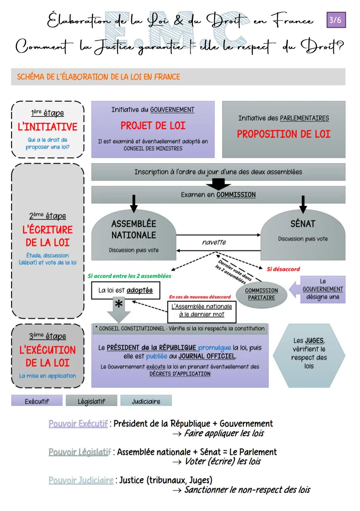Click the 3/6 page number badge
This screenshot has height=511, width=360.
[336, 20]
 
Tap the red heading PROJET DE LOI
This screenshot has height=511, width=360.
[153, 126]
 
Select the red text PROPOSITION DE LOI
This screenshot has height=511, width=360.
[284, 134]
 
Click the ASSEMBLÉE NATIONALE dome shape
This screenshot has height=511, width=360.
[134, 235]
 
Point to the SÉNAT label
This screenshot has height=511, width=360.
[303, 223]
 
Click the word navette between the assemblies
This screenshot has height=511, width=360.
[214, 242]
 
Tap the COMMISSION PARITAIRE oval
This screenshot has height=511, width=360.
[261, 294]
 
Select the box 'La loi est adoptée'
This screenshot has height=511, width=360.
[126, 290]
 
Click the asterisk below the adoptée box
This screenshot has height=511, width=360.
[119, 304]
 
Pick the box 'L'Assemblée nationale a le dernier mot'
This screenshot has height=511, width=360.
[202, 311]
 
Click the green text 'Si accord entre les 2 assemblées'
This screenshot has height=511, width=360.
[129, 276]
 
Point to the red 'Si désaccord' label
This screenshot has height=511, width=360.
[283, 269]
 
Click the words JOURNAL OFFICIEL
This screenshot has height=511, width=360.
[207, 356]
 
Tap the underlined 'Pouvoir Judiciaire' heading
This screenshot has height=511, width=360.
[81, 480]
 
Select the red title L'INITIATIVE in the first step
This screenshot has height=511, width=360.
[48, 127]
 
